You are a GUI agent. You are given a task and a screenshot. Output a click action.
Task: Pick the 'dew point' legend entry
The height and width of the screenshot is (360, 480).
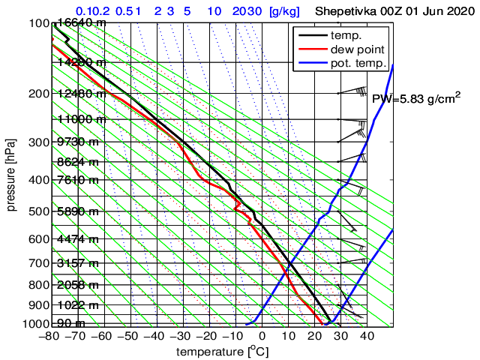point(356,49)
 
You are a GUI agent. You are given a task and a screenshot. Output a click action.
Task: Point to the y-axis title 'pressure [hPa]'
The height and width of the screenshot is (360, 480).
point(11,173)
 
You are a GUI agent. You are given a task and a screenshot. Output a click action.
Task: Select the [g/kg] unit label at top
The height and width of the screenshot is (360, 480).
point(285,12)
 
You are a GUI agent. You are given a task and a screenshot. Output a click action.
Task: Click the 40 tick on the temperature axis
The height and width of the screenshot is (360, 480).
point(367,337)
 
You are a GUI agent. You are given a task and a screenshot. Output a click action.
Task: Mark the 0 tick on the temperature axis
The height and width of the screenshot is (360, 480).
point(262,337)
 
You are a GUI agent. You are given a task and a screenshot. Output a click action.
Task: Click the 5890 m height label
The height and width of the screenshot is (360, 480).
point(78,212)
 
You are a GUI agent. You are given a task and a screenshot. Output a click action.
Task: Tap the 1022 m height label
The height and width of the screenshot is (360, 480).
point(78,305)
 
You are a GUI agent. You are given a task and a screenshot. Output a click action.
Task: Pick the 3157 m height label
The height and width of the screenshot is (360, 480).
point(78,263)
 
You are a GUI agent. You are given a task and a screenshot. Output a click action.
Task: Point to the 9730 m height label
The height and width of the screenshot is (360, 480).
point(78,142)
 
